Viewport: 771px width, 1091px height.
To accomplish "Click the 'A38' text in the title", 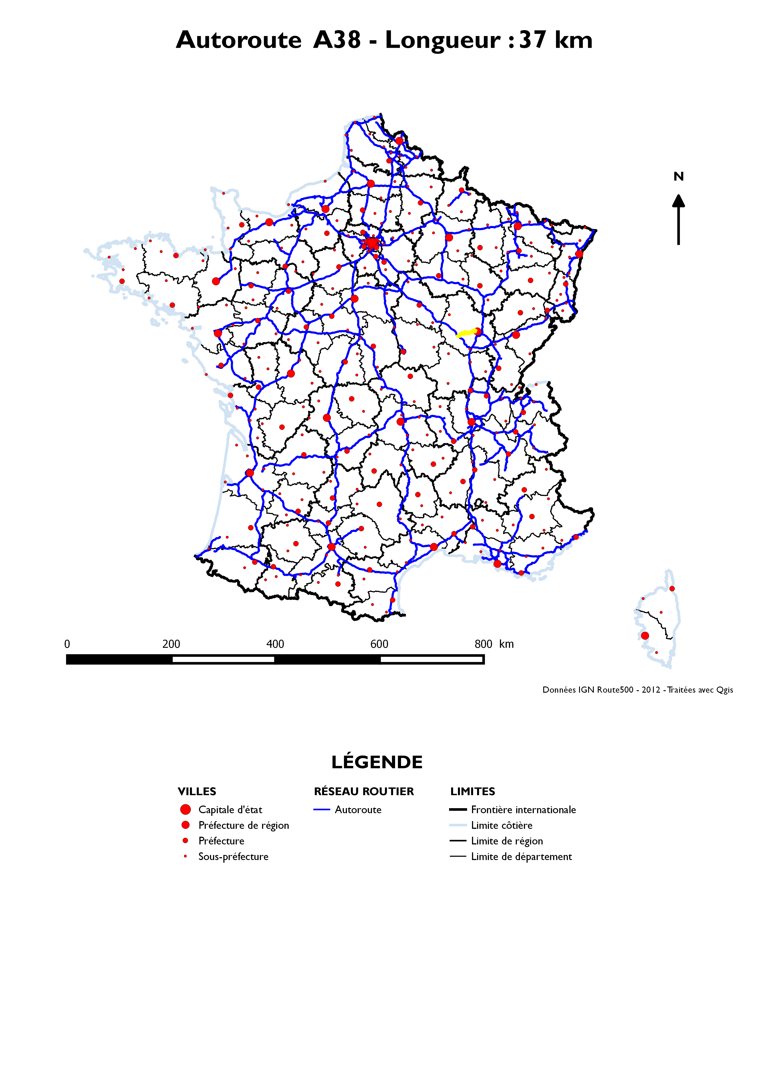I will point(337,40).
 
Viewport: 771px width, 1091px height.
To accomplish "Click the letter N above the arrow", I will point(678,177).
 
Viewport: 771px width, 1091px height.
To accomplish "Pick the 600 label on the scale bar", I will point(379,644).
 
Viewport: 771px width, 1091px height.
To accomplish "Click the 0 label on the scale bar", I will point(67,644).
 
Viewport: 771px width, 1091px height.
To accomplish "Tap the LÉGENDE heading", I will point(377,762).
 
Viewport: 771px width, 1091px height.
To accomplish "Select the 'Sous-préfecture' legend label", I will point(233,856).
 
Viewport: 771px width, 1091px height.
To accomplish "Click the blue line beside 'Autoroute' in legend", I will point(322,809).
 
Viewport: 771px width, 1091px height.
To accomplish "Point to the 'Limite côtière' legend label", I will point(502,825).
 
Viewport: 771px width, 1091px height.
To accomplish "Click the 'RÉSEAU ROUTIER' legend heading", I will point(364,791).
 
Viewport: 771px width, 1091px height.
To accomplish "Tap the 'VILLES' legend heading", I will point(197,791).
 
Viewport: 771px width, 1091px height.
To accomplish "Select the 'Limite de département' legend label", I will point(521,856).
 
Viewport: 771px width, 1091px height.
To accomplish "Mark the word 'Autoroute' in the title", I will point(239,40).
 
